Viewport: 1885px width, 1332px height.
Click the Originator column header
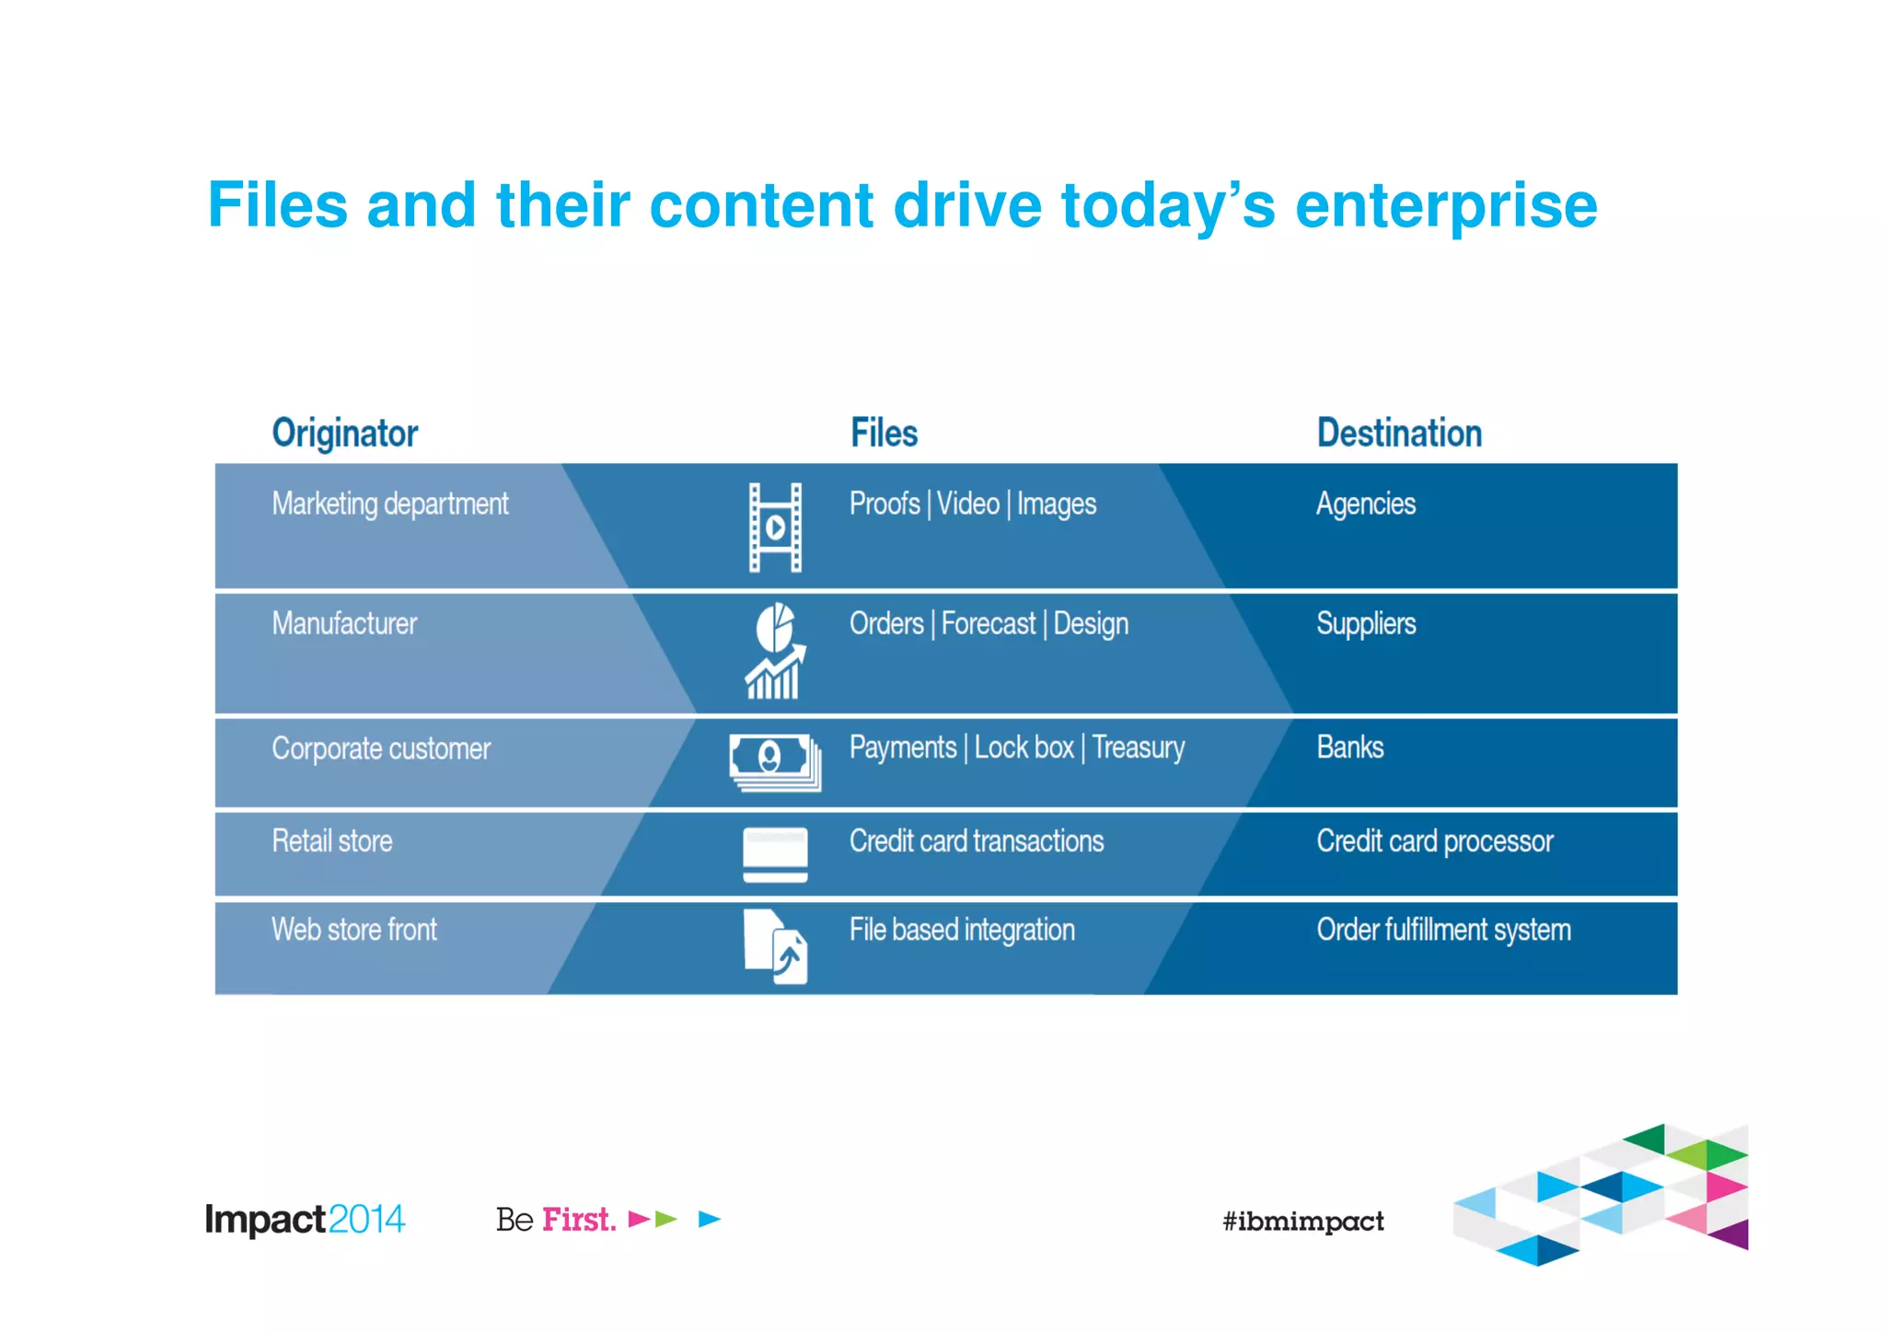coord(345,434)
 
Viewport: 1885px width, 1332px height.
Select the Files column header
coord(884,434)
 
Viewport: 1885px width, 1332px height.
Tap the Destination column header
coord(1399,434)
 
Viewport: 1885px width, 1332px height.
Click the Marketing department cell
coord(389,504)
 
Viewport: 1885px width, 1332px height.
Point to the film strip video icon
coord(775,527)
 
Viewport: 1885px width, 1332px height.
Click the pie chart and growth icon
coord(775,651)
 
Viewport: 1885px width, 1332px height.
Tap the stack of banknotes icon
coord(775,761)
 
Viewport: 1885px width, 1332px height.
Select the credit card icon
coord(775,854)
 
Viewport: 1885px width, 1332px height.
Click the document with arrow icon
coord(775,946)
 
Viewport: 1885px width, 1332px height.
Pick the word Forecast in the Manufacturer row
coord(988,624)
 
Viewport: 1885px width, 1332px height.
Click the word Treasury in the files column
coord(1139,747)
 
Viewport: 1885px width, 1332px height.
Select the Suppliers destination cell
coord(1366,624)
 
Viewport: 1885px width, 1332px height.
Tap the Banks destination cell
coord(1349,747)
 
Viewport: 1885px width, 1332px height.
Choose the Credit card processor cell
coord(1434,841)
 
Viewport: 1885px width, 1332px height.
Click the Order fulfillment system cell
coord(1443,930)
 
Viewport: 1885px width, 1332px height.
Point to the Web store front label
coord(354,930)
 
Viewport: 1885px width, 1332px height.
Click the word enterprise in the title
coord(1446,206)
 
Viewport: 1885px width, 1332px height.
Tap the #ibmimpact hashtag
coord(1302,1222)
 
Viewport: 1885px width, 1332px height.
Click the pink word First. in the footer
coord(579,1220)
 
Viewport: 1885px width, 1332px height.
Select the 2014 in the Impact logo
coord(366,1220)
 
